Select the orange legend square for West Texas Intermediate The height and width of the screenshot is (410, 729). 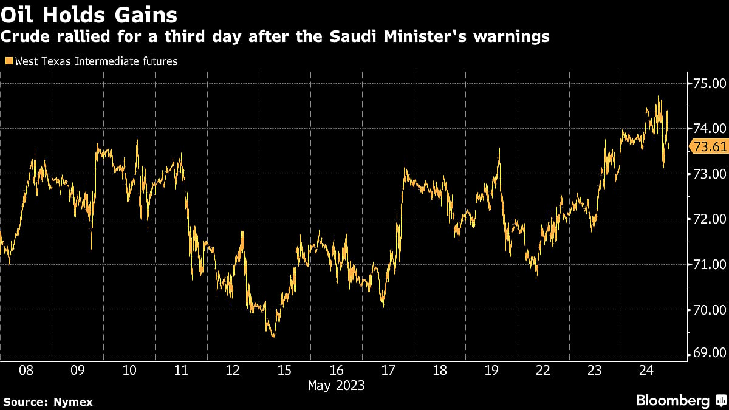[9, 61]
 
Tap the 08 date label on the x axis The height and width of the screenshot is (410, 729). [26, 370]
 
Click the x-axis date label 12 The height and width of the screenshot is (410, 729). [233, 370]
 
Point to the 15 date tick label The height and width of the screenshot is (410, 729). [285, 370]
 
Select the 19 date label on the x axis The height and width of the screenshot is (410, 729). [491, 370]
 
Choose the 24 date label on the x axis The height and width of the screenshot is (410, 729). [647, 370]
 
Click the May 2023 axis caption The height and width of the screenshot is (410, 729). [337, 385]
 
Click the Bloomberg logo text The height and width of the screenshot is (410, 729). [673, 400]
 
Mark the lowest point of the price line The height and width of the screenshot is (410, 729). [273, 336]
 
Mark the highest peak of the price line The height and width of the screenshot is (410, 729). [659, 97]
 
